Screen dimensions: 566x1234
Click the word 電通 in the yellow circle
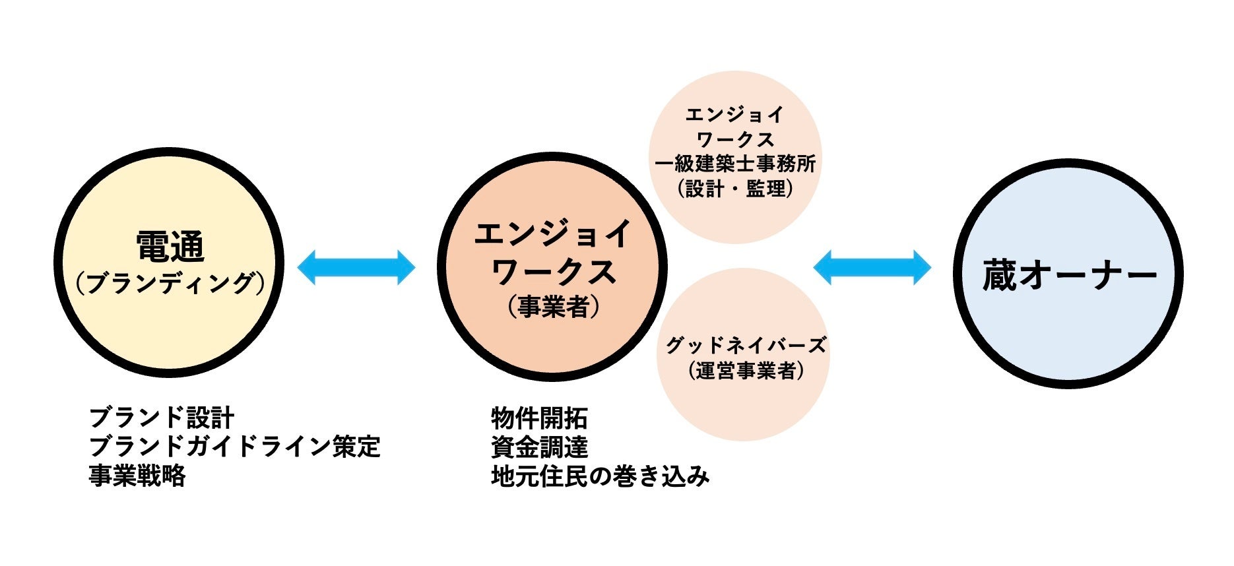(x=170, y=247)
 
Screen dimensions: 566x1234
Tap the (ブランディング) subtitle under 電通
(x=170, y=283)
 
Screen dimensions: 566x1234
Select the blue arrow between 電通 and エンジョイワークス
(x=356, y=267)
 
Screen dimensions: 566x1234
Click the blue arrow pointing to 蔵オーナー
(x=872, y=267)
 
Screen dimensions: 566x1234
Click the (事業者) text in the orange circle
(x=553, y=307)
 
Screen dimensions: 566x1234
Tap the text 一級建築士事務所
(x=735, y=164)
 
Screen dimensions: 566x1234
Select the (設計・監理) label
(x=735, y=189)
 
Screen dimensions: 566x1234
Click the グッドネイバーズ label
(x=745, y=345)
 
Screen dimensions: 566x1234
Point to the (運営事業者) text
(x=745, y=370)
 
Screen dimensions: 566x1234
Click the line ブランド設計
(x=162, y=418)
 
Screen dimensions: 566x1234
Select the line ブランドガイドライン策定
(x=234, y=447)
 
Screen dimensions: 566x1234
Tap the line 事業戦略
(x=137, y=476)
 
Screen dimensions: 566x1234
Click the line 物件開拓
(x=539, y=418)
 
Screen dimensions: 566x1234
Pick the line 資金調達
(x=539, y=447)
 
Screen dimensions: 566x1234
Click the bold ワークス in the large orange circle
(x=553, y=271)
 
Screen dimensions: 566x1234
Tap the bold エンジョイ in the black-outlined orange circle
(x=553, y=234)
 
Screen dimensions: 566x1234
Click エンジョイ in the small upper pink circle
(x=735, y=115)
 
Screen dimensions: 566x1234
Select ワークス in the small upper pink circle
(x=735, y=139)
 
